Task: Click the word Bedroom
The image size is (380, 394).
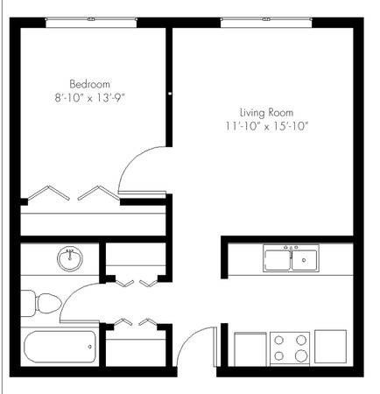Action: [90, 84]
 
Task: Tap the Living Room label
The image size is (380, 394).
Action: [266, 113]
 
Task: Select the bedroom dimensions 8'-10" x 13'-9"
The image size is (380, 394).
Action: [90, 98]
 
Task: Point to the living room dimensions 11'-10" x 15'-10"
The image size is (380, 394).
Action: [267, 126]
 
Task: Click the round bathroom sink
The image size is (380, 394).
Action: [70, 259]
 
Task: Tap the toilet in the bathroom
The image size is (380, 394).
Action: [41, 304]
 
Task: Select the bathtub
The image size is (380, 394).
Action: [60, 347]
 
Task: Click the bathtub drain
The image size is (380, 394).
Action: [90, 347]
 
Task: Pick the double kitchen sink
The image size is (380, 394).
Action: [291, 258]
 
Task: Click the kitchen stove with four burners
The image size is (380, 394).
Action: [290, 348]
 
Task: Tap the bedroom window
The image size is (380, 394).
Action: [91, 23]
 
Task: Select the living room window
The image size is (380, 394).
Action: [266, 23]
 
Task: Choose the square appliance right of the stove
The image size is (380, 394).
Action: [330, 347]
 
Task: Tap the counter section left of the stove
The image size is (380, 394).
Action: [250, 349]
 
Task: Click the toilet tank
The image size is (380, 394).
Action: [27, 304]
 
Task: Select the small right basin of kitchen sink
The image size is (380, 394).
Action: [305, 260]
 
